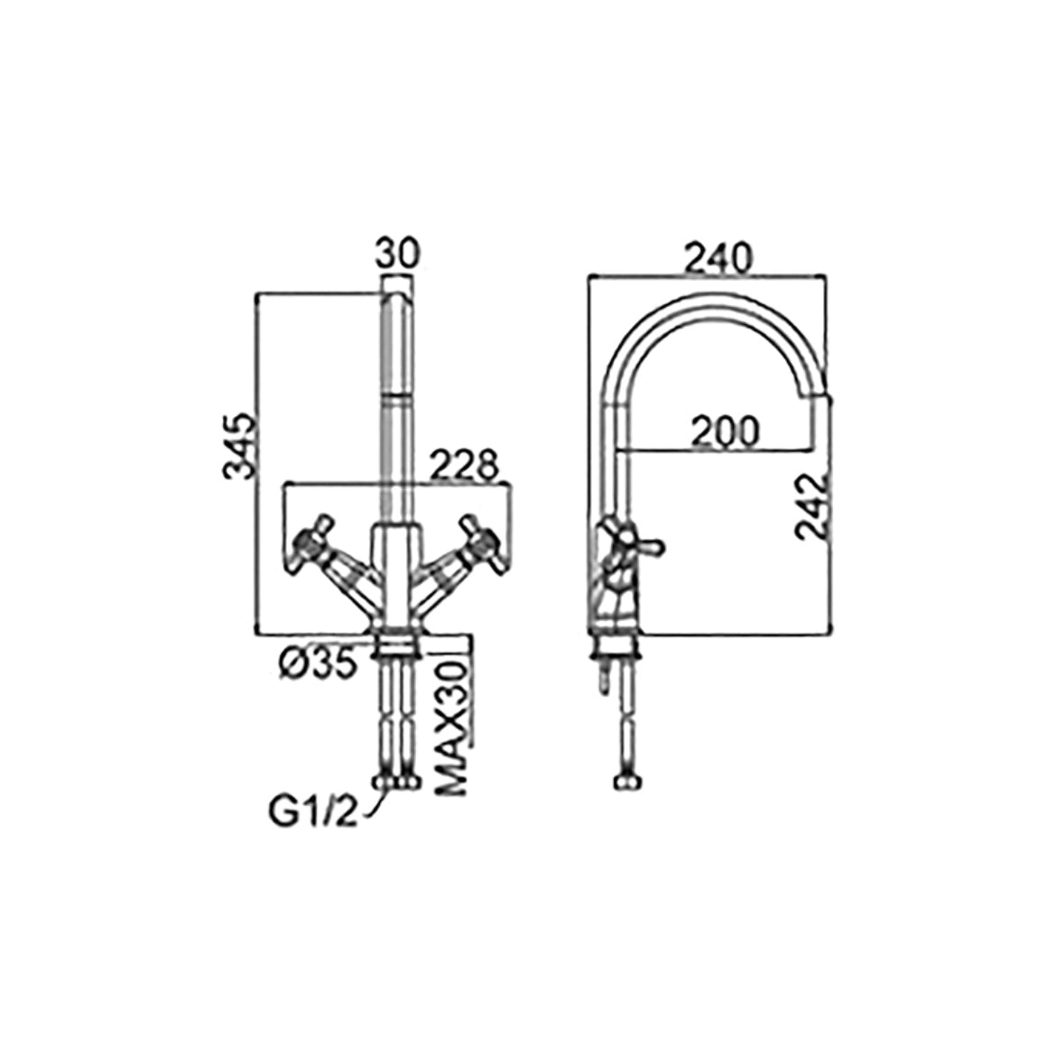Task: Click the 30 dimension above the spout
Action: coord(396,254)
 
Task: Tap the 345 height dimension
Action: coord(240,446)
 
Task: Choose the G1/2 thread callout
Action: coord(312,812)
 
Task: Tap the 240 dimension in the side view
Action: coord(717,258)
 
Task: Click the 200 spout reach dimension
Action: coord(726,431)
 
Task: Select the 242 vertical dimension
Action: coord(811,505)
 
